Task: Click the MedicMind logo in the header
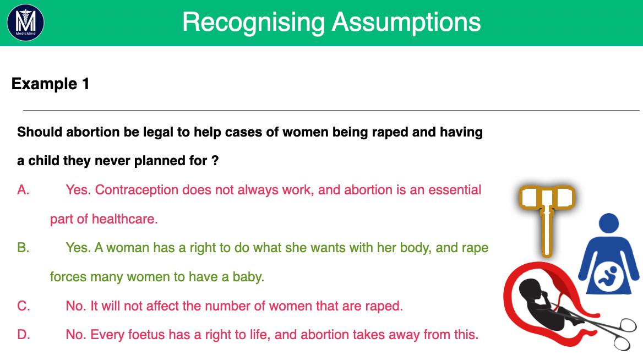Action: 25,23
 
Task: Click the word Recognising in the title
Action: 253,23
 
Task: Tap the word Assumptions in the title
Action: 406,23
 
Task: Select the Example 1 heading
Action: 51,84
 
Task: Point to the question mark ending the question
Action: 215,160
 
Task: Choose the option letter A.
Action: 23,190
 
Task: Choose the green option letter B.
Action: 23,248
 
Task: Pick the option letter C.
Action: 23,306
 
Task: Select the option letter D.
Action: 23,335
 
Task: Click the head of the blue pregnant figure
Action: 608,223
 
